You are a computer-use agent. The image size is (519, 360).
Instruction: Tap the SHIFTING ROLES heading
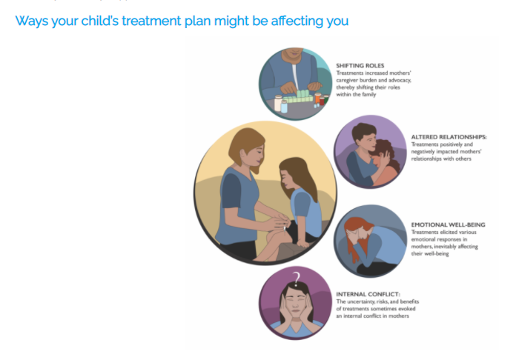point(360,65)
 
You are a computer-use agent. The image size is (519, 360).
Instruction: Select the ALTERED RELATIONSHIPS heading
point(449,137)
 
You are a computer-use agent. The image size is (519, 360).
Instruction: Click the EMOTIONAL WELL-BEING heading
point(448,224)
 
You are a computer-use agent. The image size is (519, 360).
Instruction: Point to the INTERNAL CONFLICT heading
point(368,294)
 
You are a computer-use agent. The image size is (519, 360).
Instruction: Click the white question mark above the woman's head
point(297,279)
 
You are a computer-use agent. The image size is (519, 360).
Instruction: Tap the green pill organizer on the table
point(298,97)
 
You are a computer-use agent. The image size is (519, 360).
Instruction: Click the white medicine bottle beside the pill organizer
point(278,103)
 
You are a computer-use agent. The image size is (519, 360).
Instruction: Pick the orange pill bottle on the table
point(318,98)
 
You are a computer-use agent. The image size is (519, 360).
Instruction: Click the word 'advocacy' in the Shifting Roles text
point(399,80)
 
